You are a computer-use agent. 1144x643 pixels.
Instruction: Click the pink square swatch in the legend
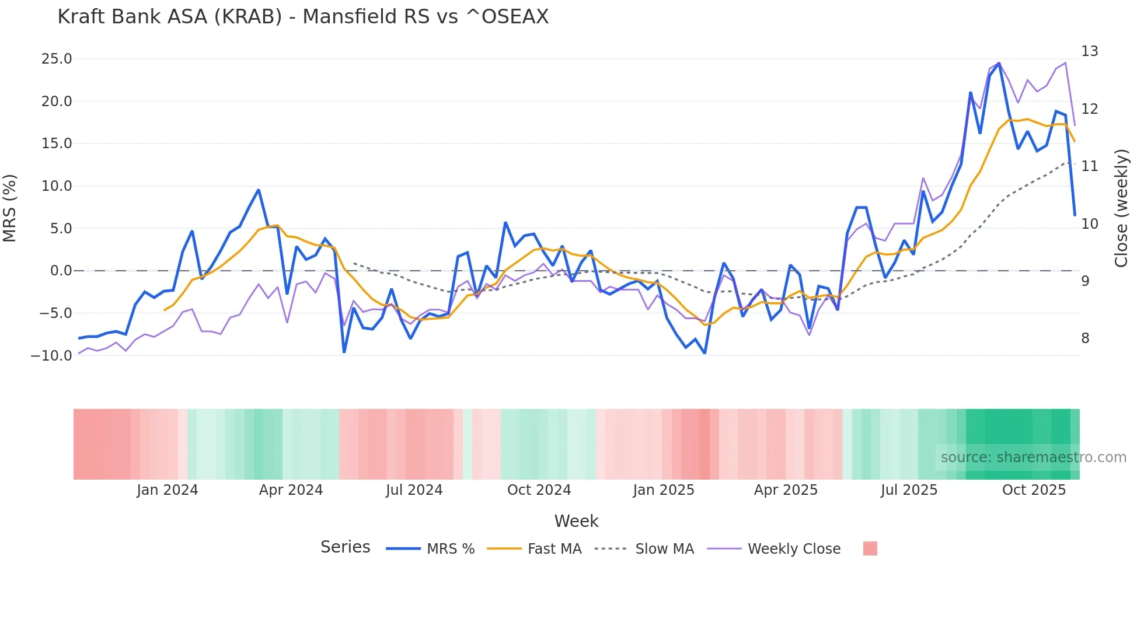870,548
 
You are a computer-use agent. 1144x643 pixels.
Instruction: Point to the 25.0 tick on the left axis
57,59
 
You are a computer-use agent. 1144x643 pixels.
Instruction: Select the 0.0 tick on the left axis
61,271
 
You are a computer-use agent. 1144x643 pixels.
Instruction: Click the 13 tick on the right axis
1089,51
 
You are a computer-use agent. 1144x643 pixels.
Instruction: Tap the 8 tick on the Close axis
1085,338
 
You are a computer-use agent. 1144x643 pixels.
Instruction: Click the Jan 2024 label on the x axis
168,490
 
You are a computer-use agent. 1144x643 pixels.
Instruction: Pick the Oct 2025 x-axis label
1034,490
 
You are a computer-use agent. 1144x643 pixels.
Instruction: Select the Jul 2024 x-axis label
414,490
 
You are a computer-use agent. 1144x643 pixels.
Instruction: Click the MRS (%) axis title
10,208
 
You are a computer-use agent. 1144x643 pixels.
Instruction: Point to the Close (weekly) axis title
1121,208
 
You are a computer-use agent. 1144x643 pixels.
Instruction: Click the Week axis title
576,521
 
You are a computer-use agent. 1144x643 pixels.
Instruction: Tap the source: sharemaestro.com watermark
1033,457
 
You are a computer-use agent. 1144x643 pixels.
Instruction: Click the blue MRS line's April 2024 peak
258,190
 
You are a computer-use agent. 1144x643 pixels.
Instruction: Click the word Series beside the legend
345,547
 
